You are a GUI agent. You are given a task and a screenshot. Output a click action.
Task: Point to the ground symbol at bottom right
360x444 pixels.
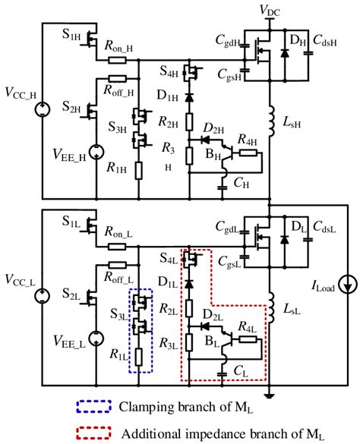[271, 395]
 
